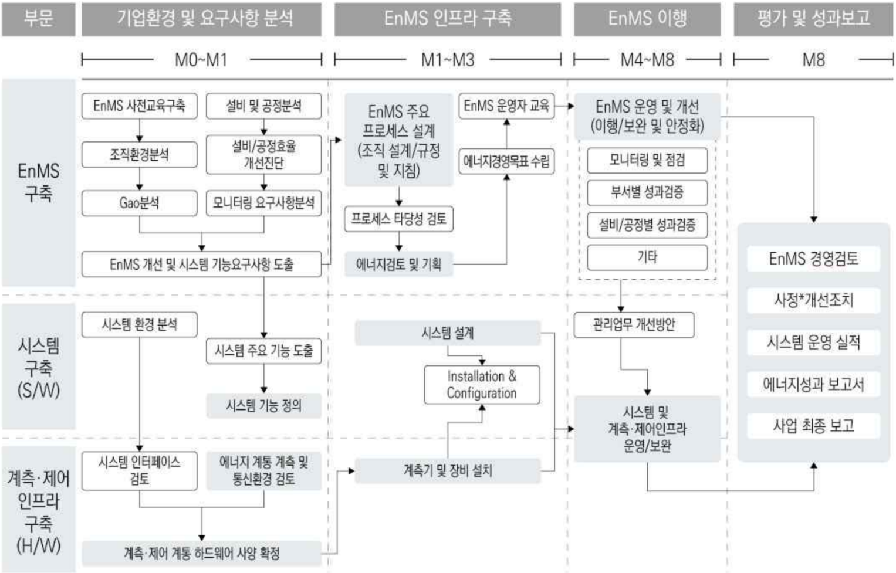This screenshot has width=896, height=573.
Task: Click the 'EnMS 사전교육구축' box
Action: (x=139, y=106)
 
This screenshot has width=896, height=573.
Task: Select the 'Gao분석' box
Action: (x=139, y=204)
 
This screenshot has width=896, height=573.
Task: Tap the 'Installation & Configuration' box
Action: (x=482, y=385)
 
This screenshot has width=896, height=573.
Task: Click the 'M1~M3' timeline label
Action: (x=448, y=60)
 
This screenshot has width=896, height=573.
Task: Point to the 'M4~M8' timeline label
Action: (x=647, y=60)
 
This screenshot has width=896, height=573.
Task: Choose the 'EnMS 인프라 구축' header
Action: (x=448, y=19)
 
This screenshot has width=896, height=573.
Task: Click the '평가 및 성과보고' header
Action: (x=813, y=19)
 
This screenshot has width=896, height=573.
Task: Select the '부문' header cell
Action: (x=39, y=19)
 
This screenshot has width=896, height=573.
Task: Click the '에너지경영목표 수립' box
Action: (x=506, y=161)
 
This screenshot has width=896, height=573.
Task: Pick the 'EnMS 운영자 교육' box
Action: (x=506, y=106)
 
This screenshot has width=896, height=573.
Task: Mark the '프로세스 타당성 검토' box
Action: (x=398, y=219)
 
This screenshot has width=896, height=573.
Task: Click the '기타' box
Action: (x=647, y=257)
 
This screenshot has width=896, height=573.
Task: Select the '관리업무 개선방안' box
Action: (x=634, y=325)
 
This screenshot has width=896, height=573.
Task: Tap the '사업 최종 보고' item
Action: (x=813, y=426)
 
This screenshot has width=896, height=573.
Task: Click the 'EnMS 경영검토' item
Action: (x=813, y=259)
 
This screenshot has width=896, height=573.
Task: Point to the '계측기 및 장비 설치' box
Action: (x=448, y=470)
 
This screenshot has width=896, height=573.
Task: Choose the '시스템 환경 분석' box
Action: (x=139, y=325)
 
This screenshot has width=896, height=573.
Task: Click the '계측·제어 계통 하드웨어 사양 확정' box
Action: (x=201, y=553)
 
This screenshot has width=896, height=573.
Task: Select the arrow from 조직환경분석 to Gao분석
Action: (x=140, y=179)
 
